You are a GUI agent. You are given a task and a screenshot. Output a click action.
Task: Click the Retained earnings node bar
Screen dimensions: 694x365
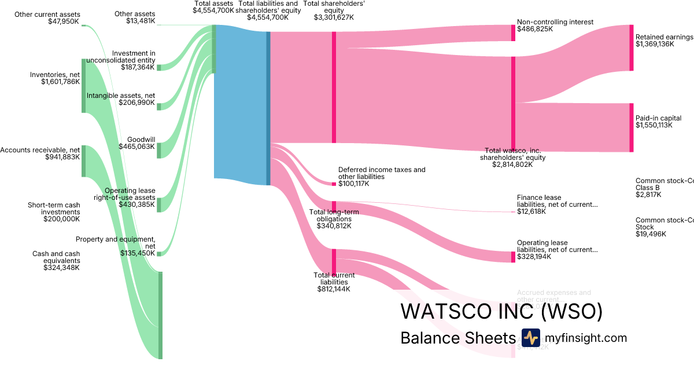pyautogui.click(x=631, y=48)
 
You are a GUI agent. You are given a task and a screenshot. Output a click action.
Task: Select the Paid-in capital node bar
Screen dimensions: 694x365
pyautogui.click(x=631, y=127)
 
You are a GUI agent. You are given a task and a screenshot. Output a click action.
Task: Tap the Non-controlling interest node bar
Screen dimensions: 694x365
pyautogui.click(x=513, y=33)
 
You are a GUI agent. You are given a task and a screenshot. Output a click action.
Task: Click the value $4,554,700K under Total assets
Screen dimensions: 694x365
pyautogui.click(x=213, y=10)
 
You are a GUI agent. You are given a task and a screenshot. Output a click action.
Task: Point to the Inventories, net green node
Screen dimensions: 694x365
pyautogui.click(x=84, y=86)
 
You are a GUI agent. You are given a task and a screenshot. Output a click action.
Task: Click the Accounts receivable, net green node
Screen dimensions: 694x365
pyautogui.click(x=84, y=161)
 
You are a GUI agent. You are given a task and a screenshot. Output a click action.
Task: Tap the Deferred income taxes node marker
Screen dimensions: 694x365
pyautogui.click(x=334, y=184)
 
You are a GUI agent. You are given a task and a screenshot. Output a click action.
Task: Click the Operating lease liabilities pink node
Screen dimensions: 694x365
pyautogui.click(x=513, y=257)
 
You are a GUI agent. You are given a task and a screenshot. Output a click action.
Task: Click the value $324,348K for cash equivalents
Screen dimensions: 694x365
pyautogui.click(x=61, y=268)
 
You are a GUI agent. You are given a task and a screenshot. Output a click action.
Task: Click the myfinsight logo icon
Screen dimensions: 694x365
pyautogui.click(x=530, y=338)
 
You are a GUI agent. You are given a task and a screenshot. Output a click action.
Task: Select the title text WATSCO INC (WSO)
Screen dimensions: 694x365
pyautogui.click(x=501, y=311)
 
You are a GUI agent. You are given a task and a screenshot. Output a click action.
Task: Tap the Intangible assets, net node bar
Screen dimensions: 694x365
pyautogui.click(x=159, y=106)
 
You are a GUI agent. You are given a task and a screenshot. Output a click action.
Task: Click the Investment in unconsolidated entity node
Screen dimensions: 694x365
pyautogui.click(x=159, y=68)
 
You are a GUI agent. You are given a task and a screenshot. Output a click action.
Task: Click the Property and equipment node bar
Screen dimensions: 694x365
pyautogui.click(x=159, y=253)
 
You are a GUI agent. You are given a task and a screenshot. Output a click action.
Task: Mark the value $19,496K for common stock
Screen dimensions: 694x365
pyautogui.click(x=651, y=234)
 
